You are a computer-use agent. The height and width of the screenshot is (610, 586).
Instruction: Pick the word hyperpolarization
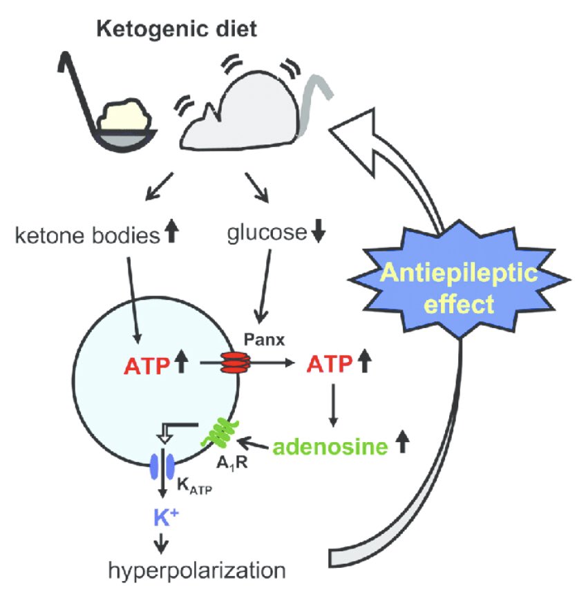coord(196,571)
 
